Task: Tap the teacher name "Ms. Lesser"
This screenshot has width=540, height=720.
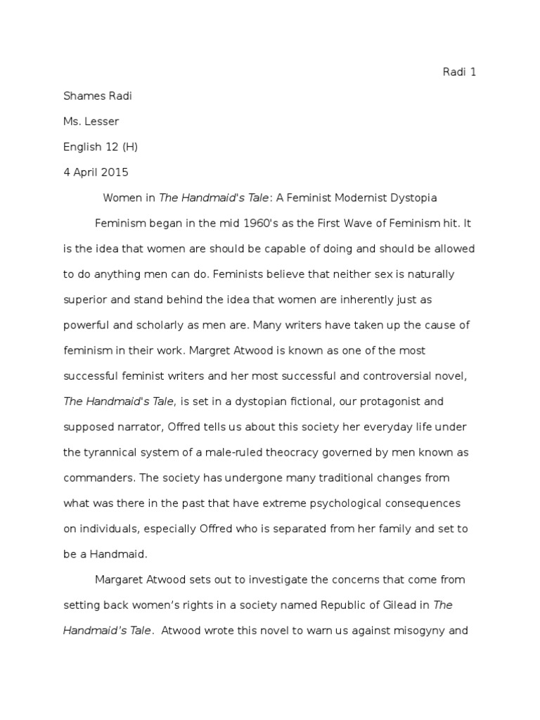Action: point(91,122)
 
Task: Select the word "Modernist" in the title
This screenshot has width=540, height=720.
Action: point(359,198)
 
